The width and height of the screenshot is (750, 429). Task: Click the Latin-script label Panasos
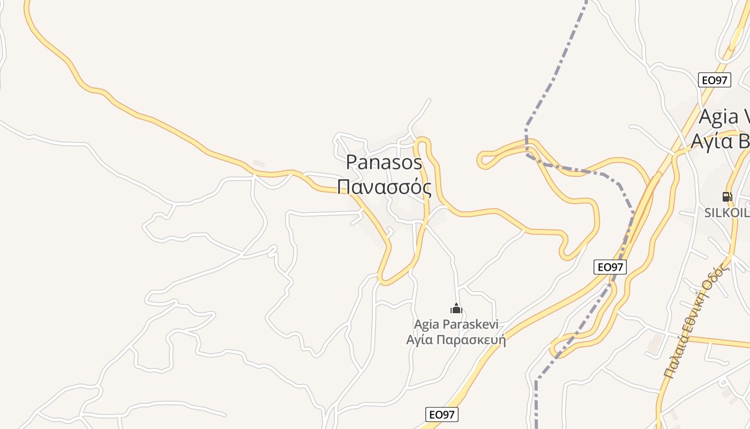point(384,162)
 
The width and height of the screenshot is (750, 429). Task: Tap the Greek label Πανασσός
point(384,187)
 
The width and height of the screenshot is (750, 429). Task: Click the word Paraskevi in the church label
point(470,324)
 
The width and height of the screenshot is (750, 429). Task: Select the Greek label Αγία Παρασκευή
point(456,339)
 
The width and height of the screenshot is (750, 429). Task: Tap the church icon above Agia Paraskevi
point(456,308)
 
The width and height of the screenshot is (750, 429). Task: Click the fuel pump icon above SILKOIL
point(727,197)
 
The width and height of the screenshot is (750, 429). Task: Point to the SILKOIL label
point(727,212)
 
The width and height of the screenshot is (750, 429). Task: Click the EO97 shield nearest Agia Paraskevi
point(442,414)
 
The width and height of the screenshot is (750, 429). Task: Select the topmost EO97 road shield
point(715,80)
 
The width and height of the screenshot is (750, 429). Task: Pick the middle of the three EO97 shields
point(610,267)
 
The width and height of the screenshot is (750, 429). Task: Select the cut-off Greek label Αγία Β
point(721,140)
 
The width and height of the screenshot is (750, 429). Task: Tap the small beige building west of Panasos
point(259,163)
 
